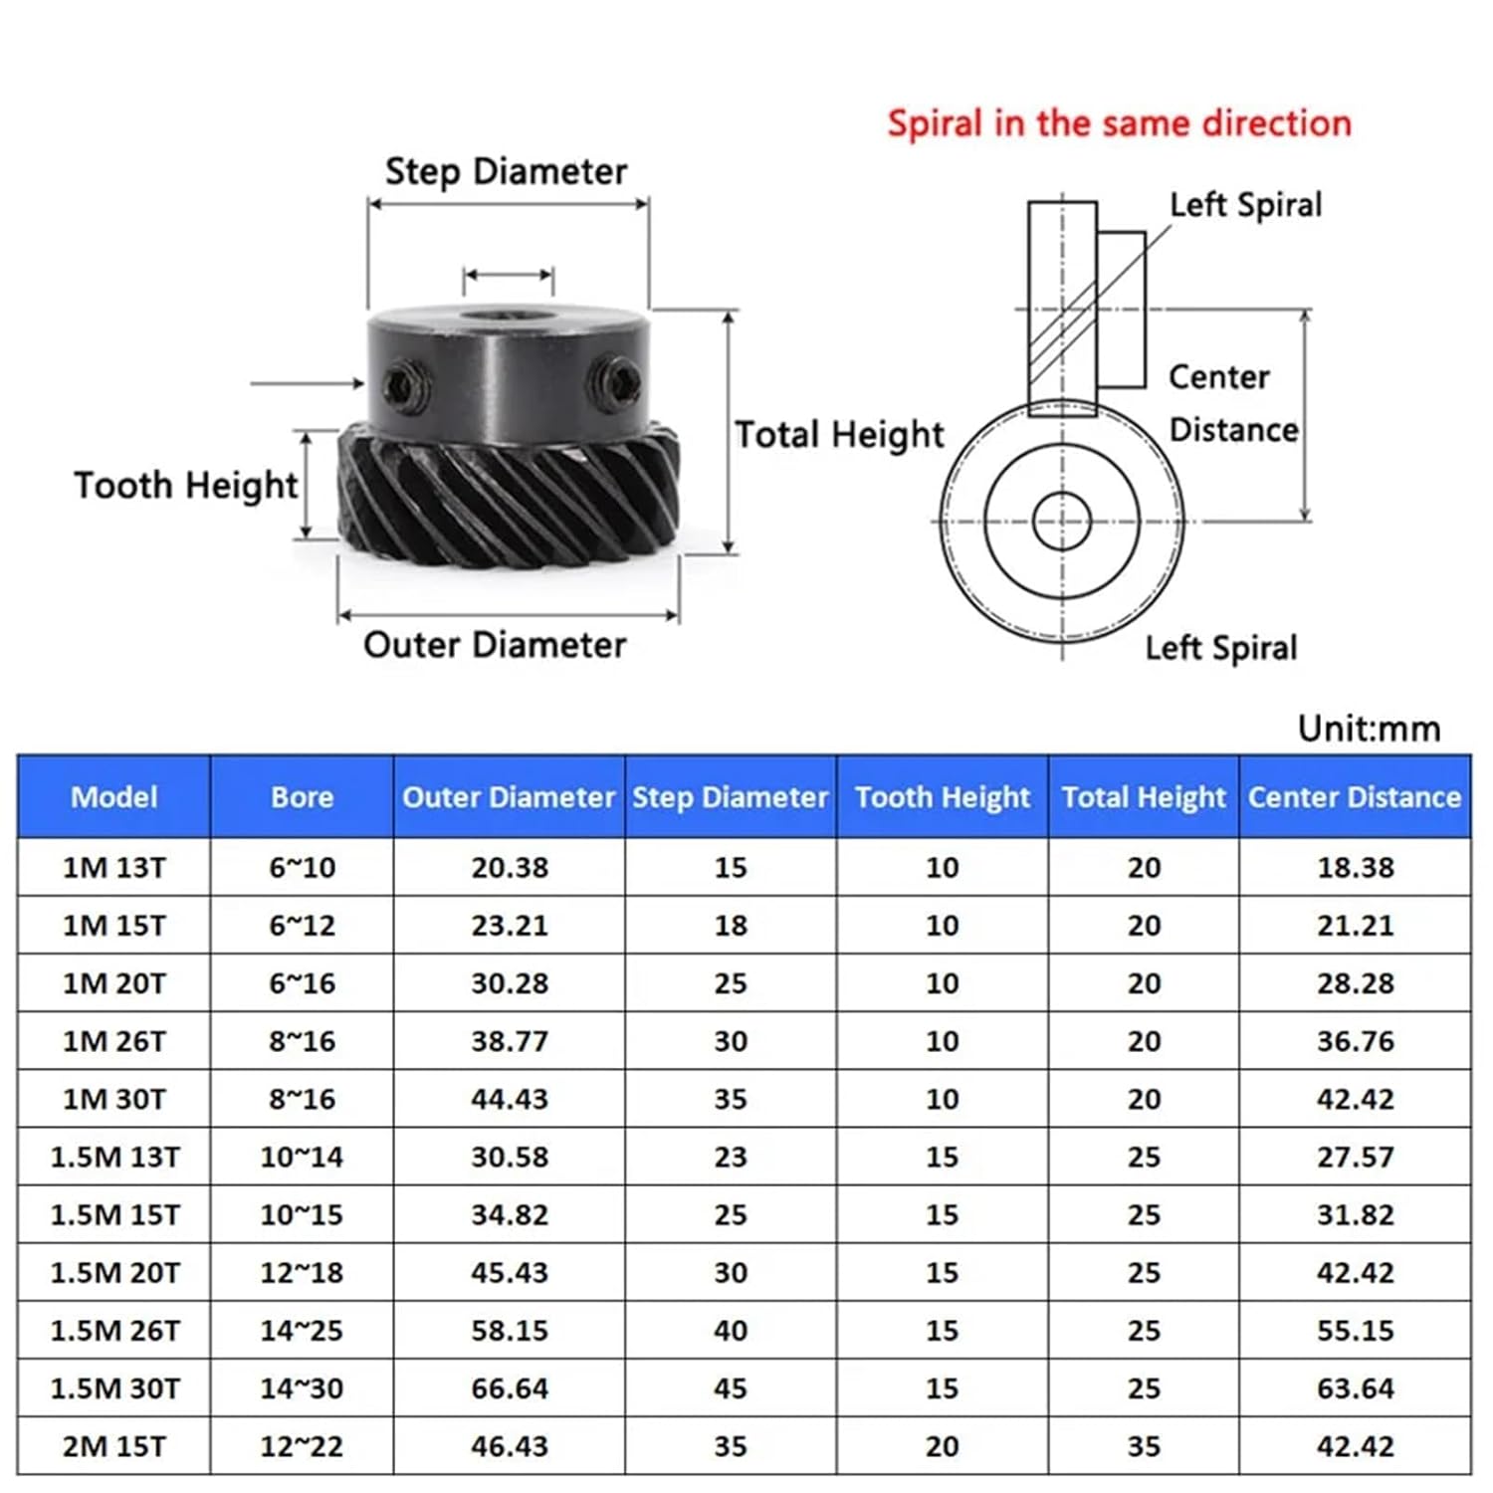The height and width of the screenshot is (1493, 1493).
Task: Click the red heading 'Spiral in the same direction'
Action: click(x=1119, y=123)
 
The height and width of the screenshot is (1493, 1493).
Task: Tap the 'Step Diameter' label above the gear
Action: click(x=506, y=171)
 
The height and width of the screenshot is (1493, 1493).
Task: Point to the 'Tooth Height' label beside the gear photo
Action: click(x=185, y=486)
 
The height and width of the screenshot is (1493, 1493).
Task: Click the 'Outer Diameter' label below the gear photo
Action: click(x=495, y=645)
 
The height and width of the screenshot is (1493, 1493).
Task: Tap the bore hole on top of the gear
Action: click(x=508, y=318)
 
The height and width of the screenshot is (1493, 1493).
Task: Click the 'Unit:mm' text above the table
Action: click(x=1369, y=729)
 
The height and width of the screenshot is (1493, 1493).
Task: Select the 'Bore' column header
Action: click(x=302, y=797)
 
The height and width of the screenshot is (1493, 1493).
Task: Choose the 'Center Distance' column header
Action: click(x=1355, y=797)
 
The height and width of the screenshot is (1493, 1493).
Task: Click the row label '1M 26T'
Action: click(x=114, y=1041)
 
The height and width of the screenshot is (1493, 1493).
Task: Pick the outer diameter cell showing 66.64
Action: click(x=510, y=1388)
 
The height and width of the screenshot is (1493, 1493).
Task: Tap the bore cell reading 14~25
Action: click(x=302, y=1331)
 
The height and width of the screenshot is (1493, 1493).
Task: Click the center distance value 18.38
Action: click(x=1355, y=868)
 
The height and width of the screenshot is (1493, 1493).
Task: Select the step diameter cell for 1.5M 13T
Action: click(x=730, y=1158)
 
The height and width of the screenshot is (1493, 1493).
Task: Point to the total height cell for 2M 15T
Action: click(x=1144, y=1446)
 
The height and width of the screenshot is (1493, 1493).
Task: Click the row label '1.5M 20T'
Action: click(x=114, y=1273)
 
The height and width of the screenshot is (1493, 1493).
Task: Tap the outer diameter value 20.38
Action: click(x=510, y=868)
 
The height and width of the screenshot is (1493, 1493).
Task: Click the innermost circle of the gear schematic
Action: click(x=1062, y=521)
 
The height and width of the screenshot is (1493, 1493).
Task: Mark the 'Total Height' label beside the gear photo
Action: click(x=839, y=435)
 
